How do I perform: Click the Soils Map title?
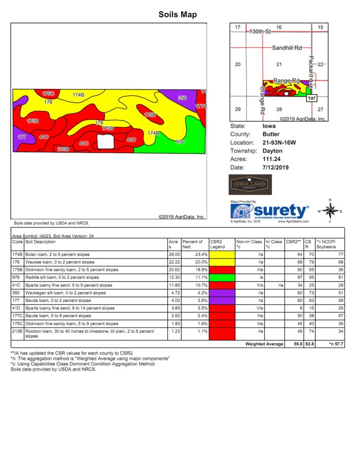pyautogui.click(x=178, y=15)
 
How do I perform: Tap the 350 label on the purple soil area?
pyautogui.click(x=182, y=98)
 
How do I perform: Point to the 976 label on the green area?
pyautogui.click(x=180, y=142)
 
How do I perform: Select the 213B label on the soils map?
pyautogui.click(x=63, y=149)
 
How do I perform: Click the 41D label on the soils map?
pyautogui.click(x=131, y=140)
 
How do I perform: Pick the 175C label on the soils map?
pyautogui.click(x=48, y=94)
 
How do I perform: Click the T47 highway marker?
pyautogui.click(x=312, y=98)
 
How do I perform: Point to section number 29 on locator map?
pyautogui.click(x=238, y=109)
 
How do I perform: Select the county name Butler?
pyautogui.click(x=271, y=134)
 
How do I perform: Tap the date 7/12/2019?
pyautogui.click(x=275, y=167)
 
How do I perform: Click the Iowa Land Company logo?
pyautogui.click(x=250, y=185)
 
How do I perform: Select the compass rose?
pyautogui.click(x=330, y=211)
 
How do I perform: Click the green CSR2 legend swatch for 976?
pyautogui.click(x=222, y=277)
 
